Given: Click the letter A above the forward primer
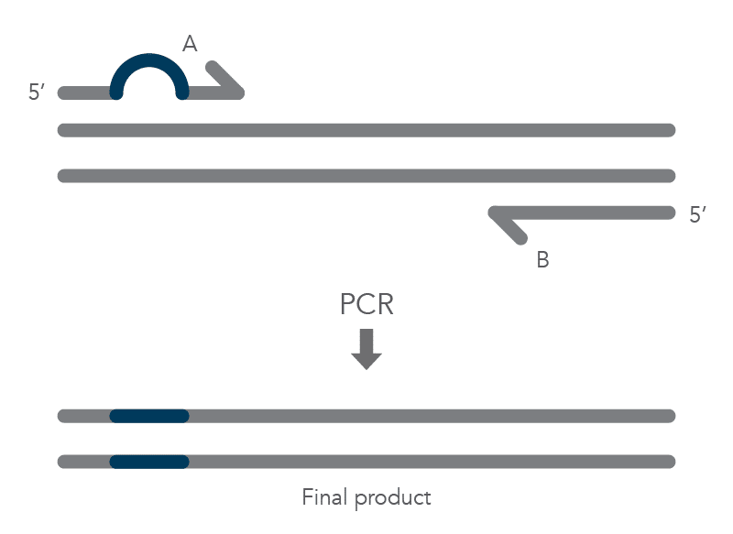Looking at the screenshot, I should pyautogui.click(x=191, y=43).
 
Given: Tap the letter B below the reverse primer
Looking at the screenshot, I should pyautogui.click(x=542, y=260).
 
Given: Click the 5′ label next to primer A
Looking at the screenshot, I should pyautogui.click(x=38, y=93).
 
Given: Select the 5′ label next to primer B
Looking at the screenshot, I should pyautogui.click(x=698, y=216).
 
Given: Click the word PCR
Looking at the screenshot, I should pyautogui.click(x=366, y=304).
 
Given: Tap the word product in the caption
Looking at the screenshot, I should pyautogui.click(x=393, y=499).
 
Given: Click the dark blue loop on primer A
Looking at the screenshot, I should pyautogui.click(x=149, y=62).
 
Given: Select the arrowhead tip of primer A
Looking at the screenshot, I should pyautogui.click(x=240, y=92).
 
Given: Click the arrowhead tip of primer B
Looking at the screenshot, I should pyautogui.click(x=494, y=213).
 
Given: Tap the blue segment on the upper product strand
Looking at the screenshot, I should pyautogui.click(x=149, y=416).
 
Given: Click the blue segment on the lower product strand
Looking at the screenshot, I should pyautogui.click(x=149, y=462).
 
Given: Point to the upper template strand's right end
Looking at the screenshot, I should pyautogui.click(x=670, y=130).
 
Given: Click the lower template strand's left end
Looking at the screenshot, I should pyautogui.click(x=63, y=176).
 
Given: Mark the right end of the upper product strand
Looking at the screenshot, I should pyautogui.click(x=670, y=416).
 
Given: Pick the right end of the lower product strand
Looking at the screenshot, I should pyautogui.click(x=670, y=462).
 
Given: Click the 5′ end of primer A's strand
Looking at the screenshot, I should pyautogui.click(x=63, y=93).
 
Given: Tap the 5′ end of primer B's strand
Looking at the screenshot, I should pyautogui.click(x=670, y=213).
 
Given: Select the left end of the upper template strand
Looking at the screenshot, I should pyautogui.click(x=63, y=130).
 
